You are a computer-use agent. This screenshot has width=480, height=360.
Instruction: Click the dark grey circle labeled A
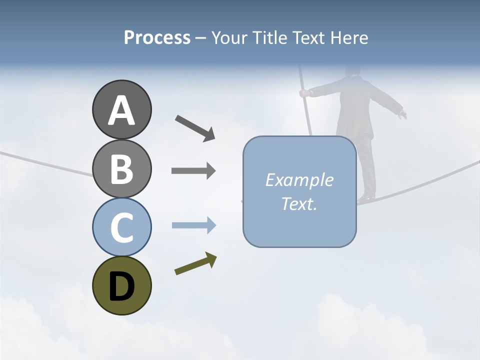(x=121, y=109)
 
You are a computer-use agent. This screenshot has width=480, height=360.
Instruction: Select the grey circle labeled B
(x=121, y=168)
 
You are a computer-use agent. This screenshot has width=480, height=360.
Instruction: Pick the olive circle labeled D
(x=121, y=285)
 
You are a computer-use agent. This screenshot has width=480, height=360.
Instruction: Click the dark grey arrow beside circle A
(x=195, y=127)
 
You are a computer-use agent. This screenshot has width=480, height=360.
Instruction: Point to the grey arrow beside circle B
(x=193, y=171)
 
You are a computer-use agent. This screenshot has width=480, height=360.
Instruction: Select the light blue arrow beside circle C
(x=193, y=225)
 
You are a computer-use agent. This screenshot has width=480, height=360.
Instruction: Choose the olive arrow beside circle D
(x=195, y=263)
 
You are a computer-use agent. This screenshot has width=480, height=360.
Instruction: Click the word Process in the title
(x=157, y=37)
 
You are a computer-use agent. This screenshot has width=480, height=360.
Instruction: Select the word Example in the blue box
(x=299, y=180)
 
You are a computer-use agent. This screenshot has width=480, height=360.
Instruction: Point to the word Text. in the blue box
(x=299, y=203)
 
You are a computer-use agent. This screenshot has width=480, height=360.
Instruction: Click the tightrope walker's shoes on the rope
(x=366, y=198)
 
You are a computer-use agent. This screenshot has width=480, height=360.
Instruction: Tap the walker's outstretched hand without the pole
(x=402, y=115)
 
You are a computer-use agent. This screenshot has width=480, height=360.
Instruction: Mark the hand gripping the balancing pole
(x=304, y=92)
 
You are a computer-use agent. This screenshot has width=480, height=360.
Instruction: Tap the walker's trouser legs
(x=367, y=165)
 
